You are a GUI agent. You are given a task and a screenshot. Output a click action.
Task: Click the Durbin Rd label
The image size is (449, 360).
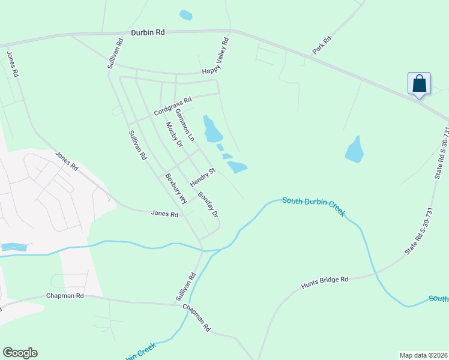coord(148,34)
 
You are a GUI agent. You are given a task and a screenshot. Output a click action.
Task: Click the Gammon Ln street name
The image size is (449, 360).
coord(185,124)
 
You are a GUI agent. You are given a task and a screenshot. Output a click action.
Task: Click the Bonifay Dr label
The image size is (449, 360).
coord(208,205)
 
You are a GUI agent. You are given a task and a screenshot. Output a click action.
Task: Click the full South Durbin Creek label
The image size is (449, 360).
coord(313,206)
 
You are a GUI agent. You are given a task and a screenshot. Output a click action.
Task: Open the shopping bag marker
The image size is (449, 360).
coord(419,84)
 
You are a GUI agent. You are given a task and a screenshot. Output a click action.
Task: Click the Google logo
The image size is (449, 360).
coord(20,353)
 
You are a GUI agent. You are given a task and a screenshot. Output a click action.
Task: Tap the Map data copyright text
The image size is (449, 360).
coord(423,355)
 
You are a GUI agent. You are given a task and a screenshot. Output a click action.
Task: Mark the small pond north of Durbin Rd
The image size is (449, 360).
coord(186,14)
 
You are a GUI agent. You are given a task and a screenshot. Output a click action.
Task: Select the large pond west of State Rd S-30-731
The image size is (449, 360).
coord(355,150)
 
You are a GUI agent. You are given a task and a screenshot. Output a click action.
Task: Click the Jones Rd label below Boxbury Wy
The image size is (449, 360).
coord(165,214)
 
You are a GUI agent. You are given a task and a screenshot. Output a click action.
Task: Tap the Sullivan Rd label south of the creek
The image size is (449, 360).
coord(185,287)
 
